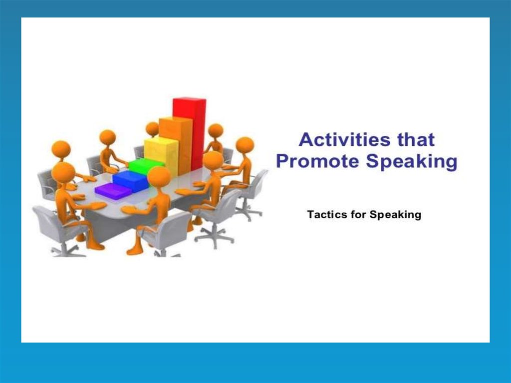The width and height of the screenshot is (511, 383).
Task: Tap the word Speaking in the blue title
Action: (x=412, y=162)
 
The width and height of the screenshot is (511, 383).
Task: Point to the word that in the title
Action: (x=416, y=140)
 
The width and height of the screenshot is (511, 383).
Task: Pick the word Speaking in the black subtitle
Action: (x=395, y=215)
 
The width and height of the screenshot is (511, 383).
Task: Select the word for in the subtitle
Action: (x=358, y=215)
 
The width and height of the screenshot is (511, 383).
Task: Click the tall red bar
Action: (x=190, y=133)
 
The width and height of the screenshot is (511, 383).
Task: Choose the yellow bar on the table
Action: (x=161, y=156)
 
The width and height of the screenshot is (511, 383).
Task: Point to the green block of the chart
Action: (x=146, y=166)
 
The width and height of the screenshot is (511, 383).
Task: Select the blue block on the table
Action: (x=130, y=181)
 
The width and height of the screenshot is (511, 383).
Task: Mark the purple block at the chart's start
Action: (x=113, y=191)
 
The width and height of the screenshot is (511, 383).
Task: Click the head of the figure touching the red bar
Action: (x=216, y=130)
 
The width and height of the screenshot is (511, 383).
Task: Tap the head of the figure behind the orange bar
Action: (x=152, y=129)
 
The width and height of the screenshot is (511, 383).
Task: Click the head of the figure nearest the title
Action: (x=245, y=146)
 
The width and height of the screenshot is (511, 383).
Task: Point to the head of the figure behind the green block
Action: (x=108, y=137)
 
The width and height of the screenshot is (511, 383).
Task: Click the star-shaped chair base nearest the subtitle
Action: (x=248, y=214)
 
